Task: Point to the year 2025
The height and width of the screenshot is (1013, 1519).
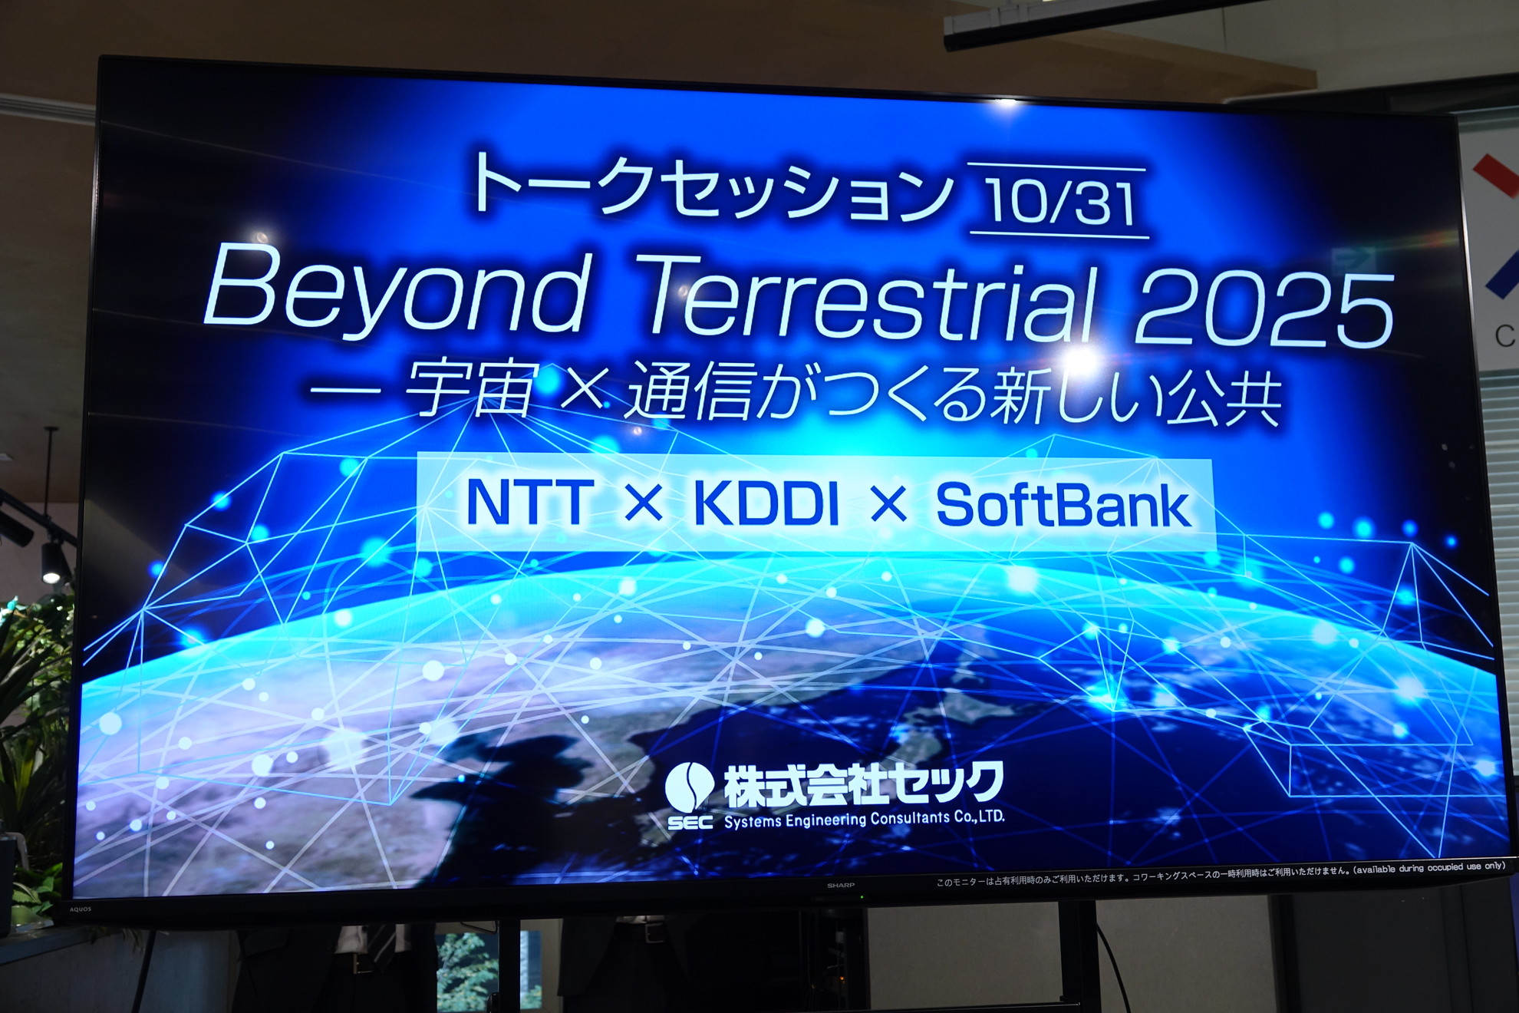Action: coord(1261,311)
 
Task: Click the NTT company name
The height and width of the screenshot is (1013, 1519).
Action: coord(529,503)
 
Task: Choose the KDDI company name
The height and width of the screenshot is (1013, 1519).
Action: coord(766,504)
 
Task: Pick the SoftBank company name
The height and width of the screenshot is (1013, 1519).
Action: coord(1063,506)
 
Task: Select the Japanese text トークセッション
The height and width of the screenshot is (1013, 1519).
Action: coord(710,188)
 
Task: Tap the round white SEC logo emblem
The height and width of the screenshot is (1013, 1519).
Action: coord(689,787)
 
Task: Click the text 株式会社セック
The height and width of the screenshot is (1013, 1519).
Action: coord(863,784)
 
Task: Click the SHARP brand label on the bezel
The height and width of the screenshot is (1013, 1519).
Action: coord(841,885)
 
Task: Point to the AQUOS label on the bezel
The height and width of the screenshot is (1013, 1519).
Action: coord(81,909)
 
